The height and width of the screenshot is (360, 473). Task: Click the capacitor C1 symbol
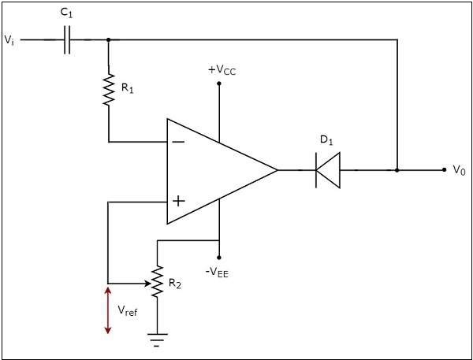point(66,39)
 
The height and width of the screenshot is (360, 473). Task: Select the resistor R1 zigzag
point(108,89)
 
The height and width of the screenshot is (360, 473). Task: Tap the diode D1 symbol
point(327,169)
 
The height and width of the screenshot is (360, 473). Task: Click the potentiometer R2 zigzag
point(158,282)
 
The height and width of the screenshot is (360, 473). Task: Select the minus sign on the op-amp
point(178,142)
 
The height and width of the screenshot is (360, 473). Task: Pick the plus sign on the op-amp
point(178,202)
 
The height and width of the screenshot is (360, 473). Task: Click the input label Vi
point(9,39)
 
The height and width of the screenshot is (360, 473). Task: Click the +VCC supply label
point(222,69)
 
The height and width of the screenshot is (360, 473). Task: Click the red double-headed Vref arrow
point(108,310)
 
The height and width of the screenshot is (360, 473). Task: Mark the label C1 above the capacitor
point(67,13)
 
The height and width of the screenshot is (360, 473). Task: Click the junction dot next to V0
point(397,169)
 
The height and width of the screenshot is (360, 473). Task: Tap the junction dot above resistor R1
point(108,39)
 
